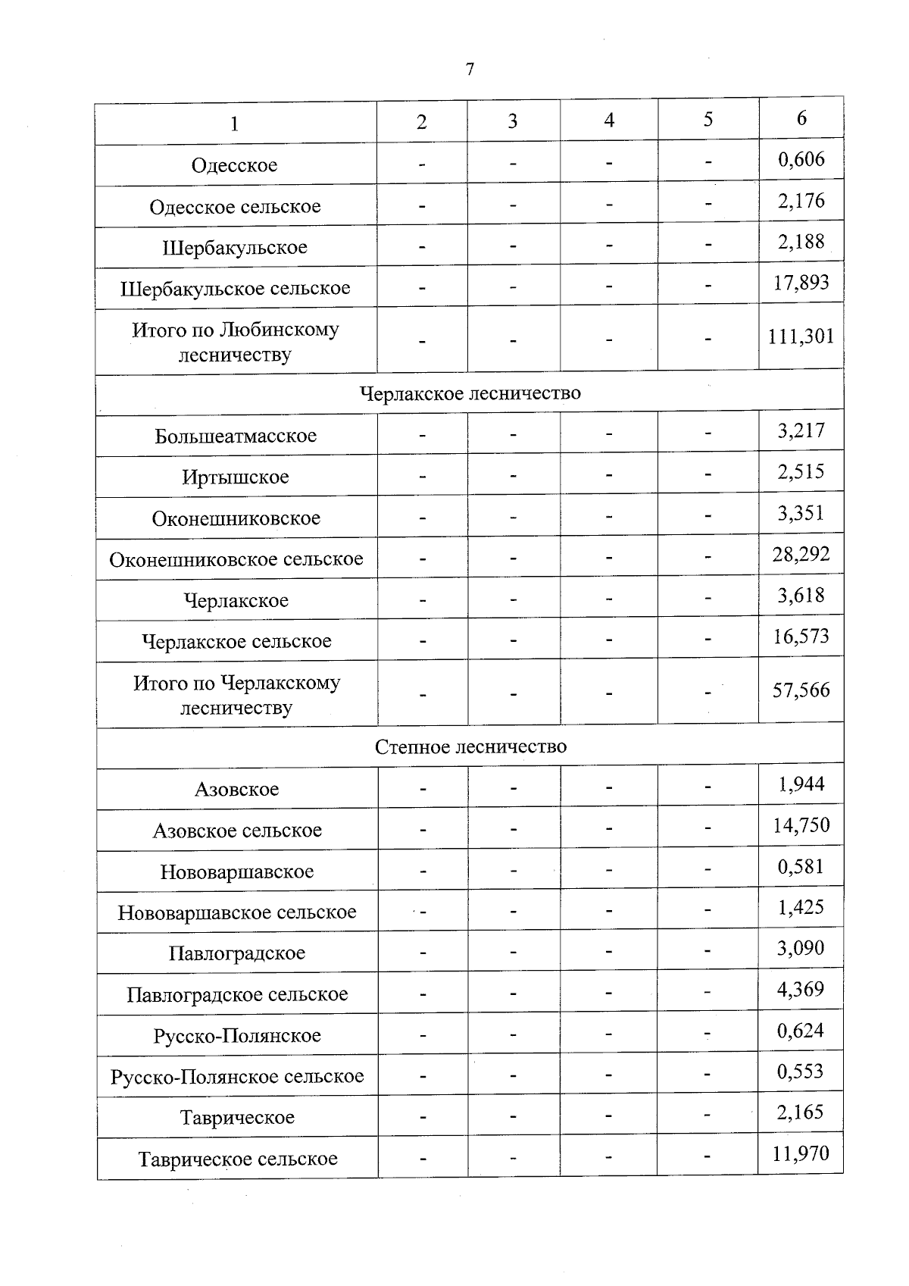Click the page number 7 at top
pos(470,70)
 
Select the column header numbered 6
pos(801,117)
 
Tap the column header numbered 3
pos(513,121)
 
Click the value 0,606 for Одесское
pos(801,159)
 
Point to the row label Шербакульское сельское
pos(236,289)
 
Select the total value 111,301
pos(801,336)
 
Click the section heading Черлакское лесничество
pos(470,393)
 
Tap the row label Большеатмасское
pos(236,436)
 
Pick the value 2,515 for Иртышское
pos(801,472)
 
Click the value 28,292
pos(801,555)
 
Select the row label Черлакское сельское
pos(236,642)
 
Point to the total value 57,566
pos(801,690)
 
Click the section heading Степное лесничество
pos(470,747)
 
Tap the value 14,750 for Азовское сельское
pos(801,826)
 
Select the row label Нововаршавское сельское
pos(237,912)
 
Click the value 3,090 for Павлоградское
pos(801,949)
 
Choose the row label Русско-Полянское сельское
pos(237,1077)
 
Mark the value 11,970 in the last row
pos(801,1154)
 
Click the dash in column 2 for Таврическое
pos(423,1117)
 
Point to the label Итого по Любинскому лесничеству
pos(236,342)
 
